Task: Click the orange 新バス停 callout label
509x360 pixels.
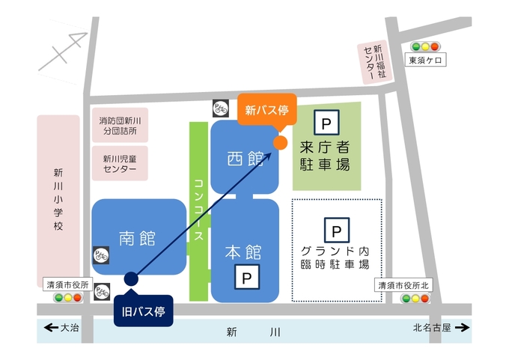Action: click(x=267, y=109)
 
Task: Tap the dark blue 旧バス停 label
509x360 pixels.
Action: click(x=144, y=309)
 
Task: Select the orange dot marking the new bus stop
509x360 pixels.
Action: click(x=279, y=142)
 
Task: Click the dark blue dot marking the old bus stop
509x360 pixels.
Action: click(x=131, y=279)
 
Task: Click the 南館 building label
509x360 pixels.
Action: click(x=137, y=239)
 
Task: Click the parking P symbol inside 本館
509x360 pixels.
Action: click(x=246, y=278)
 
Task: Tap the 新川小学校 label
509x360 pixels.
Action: click(x=58, y=201)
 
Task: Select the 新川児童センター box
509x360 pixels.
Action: click(x=120, y=164)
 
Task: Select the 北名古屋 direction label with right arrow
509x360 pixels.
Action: click(x=441, y=327)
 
